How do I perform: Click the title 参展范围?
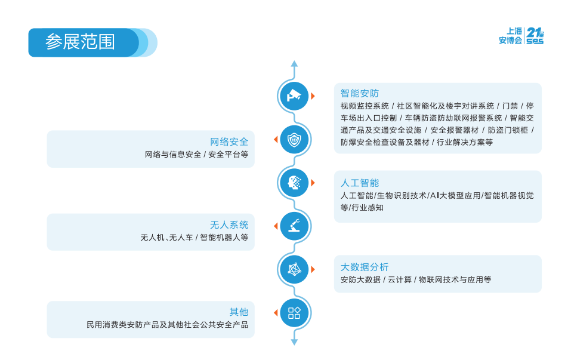80,42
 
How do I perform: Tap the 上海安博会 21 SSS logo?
521,36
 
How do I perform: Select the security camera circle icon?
294,96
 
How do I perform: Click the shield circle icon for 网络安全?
294,140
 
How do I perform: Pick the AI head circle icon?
294,183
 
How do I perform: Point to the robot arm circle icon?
294,226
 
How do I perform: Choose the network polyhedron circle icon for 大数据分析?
294,269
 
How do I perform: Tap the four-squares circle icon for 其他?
294,313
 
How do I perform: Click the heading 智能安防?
360,93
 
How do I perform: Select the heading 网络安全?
229,141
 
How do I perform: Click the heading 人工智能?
360,183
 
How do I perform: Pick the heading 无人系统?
229,224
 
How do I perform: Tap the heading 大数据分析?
365,267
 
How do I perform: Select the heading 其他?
239,312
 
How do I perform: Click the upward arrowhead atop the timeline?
294,63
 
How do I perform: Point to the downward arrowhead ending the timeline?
294,342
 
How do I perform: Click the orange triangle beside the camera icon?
313,96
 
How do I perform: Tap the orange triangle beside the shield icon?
276,140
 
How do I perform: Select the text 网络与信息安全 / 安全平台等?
196,154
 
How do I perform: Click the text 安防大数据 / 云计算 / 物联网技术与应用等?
416,279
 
